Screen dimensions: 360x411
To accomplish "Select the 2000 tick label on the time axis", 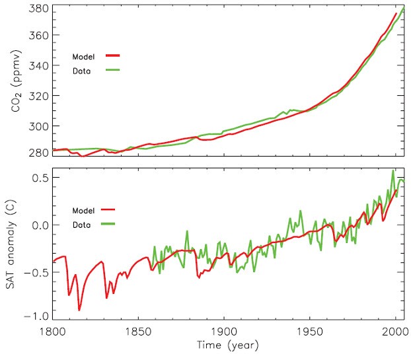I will (x=395, y=332).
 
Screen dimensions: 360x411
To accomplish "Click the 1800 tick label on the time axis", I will (x=53, y=332).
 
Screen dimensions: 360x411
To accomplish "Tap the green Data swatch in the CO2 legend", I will (x=114, y=69).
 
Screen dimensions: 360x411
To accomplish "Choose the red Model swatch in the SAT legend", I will (x=108, y=210).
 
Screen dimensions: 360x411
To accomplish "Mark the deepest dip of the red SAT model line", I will (x=79, y=310).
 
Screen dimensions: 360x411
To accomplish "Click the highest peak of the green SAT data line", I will (x=392, y=170).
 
